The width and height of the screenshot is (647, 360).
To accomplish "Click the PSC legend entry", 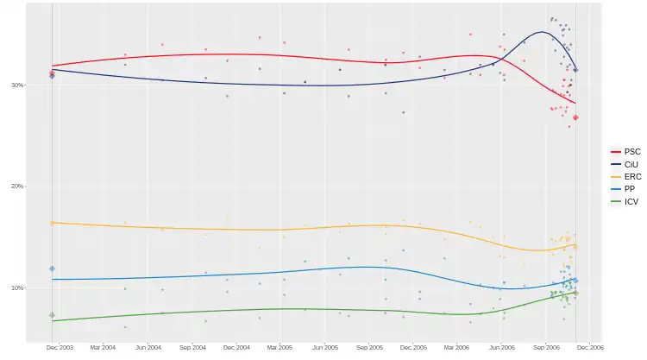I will pyautogui.click(x=631, y=152).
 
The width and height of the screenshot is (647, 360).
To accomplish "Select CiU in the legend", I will pyautogui.click(x=631, y=164).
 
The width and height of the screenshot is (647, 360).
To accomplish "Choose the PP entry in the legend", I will pyautogui.click(x=630, y=189).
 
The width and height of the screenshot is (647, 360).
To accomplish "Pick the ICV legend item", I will pyautogui.click(x=631, y=202).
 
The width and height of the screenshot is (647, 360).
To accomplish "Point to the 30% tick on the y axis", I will pyautogui.click(x=41, y=85).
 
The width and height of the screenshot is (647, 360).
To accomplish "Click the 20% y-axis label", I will pyautogui.click(x=41, y=186).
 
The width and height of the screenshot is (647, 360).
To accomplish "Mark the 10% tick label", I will pyautogui.click(x=41, y=287).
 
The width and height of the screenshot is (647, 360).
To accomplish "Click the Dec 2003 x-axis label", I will pyautogui.click(x=59, y=347).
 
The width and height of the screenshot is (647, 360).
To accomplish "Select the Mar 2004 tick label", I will pyautogui.click(x=103, y=347).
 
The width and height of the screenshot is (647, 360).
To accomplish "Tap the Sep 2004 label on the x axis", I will pyautogui.click(x=192, y=347).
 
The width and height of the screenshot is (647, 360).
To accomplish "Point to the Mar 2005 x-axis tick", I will pyautogui.click(x=280, y=347).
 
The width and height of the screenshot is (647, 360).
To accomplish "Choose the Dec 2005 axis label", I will pyautogui.click(x=414, y=347).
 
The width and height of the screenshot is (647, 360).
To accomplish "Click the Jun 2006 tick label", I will pyautogui.click(x=502, y=347).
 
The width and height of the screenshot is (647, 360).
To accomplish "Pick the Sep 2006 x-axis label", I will pyautogui.click(x=547, y=347).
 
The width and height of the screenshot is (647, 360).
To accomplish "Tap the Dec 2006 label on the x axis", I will pyautogui.click(x=591, y=347).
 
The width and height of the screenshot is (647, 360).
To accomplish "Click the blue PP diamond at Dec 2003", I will pyautogui.click(x=52, y=268).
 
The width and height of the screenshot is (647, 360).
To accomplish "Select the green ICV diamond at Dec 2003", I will pyautogui.click(x=52, y=315).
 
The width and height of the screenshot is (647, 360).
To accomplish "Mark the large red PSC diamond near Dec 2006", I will pyautogui.click(x=575, y=117).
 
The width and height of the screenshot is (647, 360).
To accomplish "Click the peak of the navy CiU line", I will pyautogui.click(x=541, y=33).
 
